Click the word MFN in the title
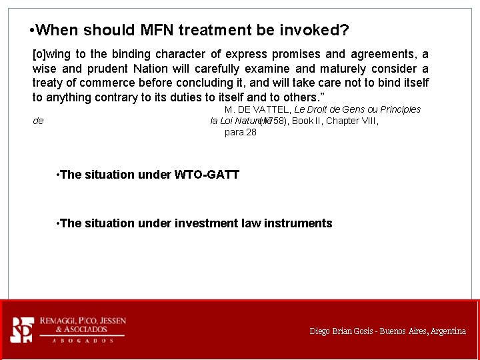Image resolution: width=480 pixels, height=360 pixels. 157,30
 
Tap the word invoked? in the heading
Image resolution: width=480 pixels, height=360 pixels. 313,30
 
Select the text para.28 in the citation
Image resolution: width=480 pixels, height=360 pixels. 241,132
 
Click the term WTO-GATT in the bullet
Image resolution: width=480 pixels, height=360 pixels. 207,175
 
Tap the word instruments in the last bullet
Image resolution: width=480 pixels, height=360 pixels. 298,223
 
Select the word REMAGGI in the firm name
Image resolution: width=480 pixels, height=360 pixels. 57,321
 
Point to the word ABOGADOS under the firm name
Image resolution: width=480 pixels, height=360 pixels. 83,341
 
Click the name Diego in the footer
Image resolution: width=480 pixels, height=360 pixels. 319,331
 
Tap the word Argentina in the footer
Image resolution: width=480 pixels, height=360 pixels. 448,331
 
